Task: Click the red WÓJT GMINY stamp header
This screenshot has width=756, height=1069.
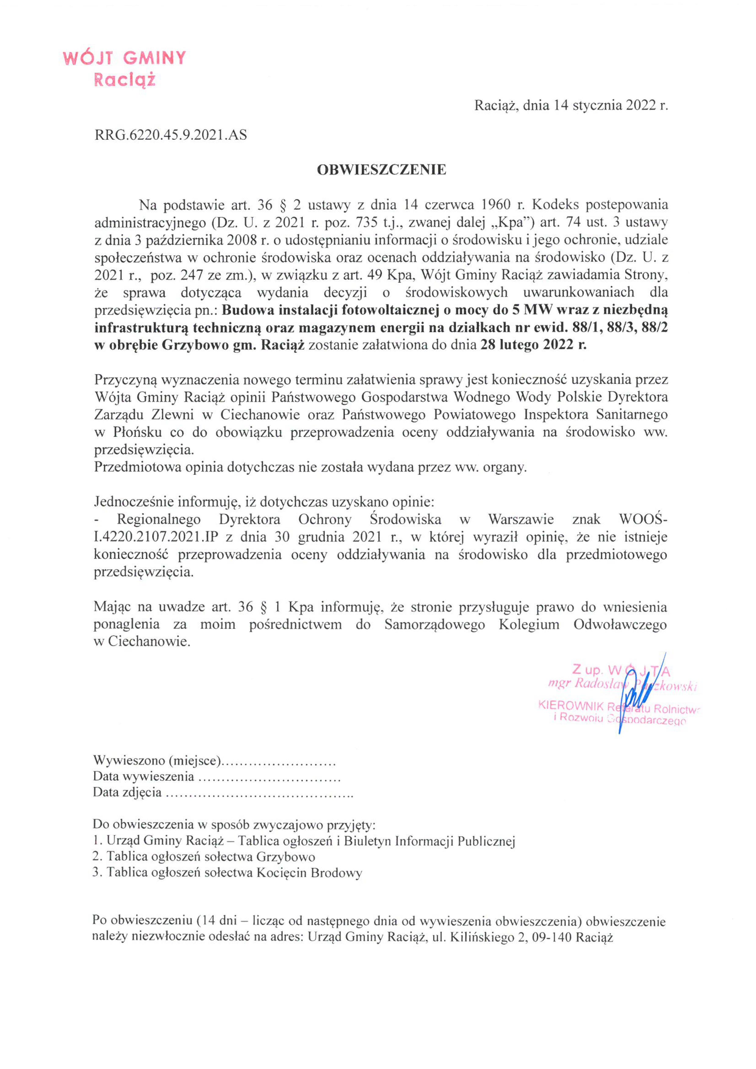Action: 124,58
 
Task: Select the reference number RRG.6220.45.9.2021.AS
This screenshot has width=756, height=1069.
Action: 171,135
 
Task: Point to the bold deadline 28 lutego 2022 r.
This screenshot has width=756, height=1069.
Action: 533,345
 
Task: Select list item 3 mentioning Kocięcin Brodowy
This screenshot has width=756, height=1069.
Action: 227,873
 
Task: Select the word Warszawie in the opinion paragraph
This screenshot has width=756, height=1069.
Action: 521,520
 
